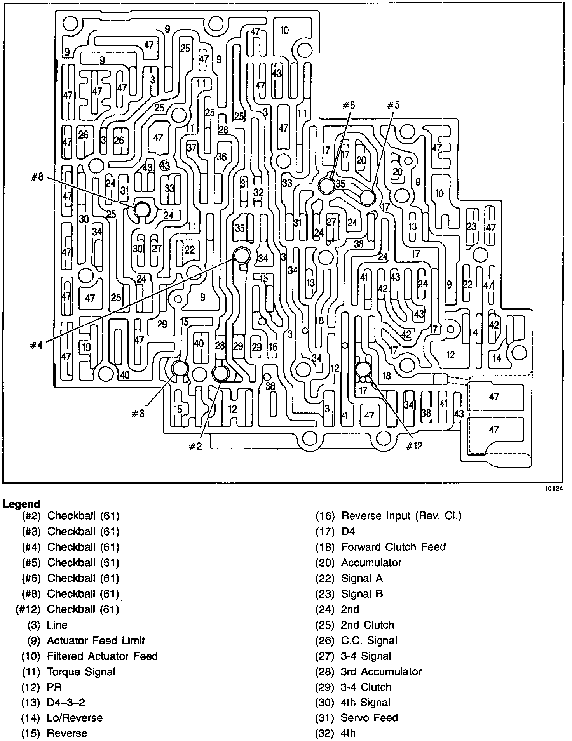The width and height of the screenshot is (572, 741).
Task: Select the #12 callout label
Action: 414,446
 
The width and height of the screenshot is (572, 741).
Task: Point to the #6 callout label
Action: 349,105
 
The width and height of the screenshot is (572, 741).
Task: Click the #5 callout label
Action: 393,105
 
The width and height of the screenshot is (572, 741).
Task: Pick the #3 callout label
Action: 138,414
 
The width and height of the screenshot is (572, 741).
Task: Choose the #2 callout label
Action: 196,447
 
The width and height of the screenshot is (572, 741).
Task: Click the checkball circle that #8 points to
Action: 142,210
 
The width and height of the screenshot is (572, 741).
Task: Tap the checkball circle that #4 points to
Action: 242,256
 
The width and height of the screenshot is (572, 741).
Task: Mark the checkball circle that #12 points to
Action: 363,369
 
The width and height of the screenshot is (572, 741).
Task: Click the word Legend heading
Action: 21,504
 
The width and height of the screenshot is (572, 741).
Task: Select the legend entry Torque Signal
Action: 81,671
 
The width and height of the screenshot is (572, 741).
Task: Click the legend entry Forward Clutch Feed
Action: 393,547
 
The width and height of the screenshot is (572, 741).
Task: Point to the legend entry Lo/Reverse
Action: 75,717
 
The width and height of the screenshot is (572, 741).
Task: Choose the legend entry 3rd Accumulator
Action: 381,671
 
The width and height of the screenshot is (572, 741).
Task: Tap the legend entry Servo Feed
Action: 369,717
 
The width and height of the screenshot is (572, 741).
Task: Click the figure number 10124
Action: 553,490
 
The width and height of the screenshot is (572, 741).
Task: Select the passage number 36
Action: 221,157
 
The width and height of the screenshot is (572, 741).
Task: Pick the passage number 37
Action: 192,147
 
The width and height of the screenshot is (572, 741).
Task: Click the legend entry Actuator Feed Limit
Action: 96,640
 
